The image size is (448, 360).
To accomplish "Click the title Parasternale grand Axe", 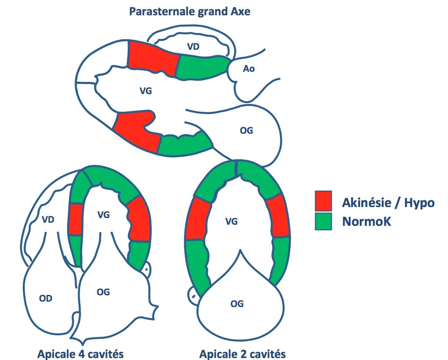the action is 190,11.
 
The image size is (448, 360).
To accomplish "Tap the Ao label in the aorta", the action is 249,69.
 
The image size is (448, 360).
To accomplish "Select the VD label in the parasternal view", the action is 193,46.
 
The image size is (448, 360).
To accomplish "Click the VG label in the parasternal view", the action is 146,91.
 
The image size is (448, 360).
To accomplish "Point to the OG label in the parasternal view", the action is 246,130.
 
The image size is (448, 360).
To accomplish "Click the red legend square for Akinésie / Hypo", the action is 323,201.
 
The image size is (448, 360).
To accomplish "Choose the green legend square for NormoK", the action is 323,222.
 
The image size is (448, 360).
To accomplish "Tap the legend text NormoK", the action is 366,222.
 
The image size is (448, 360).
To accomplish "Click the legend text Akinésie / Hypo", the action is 388,203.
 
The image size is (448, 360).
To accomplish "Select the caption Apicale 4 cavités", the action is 80,354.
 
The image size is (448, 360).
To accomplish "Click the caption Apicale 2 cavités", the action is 242,354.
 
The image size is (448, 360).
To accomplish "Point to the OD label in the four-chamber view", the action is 46,298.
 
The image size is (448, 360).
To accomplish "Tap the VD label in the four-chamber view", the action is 48,220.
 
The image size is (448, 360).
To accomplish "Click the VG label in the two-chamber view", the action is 231,222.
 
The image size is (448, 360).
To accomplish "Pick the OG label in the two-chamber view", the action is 237,304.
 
